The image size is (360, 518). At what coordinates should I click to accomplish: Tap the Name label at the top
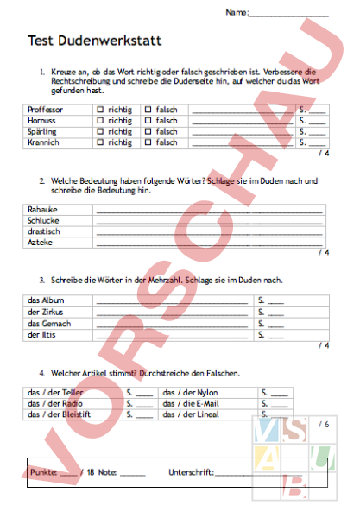tap(236, 13)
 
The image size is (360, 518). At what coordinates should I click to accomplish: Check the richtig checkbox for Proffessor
tap(100, 111)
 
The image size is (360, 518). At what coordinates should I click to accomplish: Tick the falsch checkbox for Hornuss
tap(148, 122)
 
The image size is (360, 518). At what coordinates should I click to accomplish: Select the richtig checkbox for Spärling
tap(100, 132)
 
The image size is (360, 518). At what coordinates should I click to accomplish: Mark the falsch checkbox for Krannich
tap(148, 142)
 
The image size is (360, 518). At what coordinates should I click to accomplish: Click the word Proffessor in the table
tap(46, 111)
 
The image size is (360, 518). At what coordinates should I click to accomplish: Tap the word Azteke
tap(41, 243)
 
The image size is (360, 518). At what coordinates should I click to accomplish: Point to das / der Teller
tap(55, 392)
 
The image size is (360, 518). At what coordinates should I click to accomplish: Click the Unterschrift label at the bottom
tap(191, 473)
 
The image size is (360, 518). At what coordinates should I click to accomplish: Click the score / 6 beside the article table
tap(324, 425)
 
